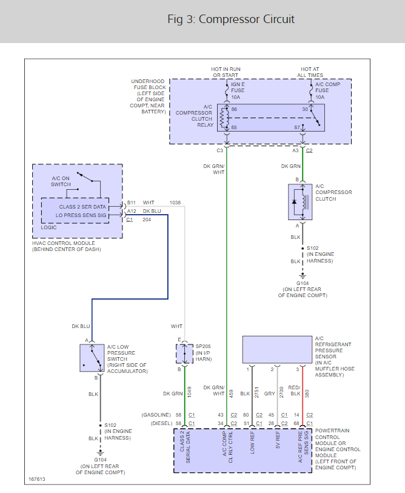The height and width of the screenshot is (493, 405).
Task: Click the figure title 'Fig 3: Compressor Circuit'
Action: click(231, 19)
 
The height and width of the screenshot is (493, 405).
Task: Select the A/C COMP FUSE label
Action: click(328, 90)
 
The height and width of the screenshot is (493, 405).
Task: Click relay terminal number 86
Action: click(235, 109)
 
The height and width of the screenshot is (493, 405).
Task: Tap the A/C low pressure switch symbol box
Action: click(92, 357)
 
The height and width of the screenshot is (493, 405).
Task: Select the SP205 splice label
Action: click(202, 346)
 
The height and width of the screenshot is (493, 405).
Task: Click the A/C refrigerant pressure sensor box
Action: click(276, 350)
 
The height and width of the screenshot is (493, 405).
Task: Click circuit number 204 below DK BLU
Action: click(147, 220)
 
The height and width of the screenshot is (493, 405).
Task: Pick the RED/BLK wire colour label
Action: click(294, 391)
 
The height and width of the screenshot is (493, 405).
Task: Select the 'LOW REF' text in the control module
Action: click(253, 443)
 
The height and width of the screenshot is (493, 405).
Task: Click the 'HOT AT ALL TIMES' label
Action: click(310, 72)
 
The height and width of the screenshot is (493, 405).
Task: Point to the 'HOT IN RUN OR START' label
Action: click(225, 72)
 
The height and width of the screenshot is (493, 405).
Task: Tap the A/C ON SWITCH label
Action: click(61, 181)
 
